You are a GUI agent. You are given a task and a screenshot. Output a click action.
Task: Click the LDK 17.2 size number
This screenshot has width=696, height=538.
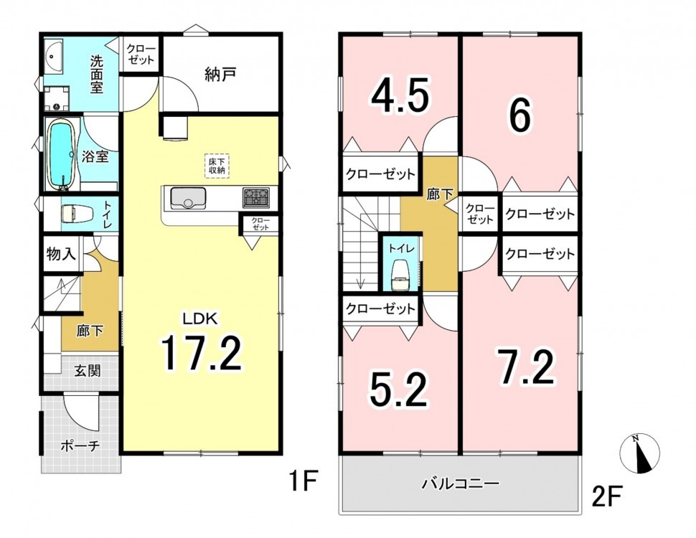coord(201,354)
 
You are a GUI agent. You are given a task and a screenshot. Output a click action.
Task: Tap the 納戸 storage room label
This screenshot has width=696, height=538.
coord(220,75)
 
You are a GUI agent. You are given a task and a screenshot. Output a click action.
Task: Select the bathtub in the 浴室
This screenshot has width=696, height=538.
coord(61,155)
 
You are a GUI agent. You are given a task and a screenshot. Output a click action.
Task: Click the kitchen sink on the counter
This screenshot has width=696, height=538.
coord(188,198)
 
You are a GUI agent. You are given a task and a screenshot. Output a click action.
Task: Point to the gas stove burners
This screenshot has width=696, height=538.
coord(255,197)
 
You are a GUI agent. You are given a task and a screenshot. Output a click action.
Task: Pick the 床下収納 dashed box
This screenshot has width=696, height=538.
coord(217,166)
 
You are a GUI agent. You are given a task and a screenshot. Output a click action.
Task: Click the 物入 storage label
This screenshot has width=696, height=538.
coord(61,254)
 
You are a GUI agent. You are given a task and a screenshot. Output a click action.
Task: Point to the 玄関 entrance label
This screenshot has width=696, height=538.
coord(87,370)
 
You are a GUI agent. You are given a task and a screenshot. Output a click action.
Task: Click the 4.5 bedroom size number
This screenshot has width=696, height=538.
coord(400,95)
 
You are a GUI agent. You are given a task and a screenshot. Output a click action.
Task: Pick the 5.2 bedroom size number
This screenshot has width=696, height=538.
coord(399,390)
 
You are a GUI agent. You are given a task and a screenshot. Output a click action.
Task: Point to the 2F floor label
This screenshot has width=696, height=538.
coord(606,496)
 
